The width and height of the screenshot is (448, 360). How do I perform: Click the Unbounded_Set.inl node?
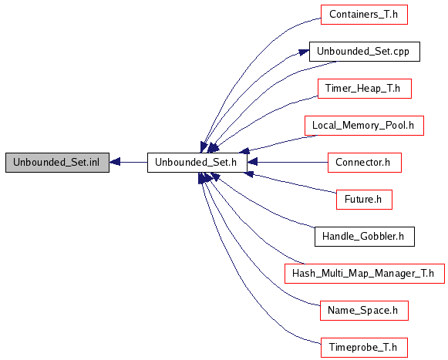[x=57, y=163]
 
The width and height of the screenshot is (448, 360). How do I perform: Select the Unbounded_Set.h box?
[x=197, y=163]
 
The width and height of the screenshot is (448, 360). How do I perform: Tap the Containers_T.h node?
[x=364, y=15]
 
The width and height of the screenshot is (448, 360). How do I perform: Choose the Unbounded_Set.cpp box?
[x=365, y=52]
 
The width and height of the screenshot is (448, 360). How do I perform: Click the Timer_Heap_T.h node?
[x=365, y=89]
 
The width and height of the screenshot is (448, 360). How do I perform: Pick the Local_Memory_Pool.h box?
[x=364, y=126]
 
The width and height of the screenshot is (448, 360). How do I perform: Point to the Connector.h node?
[x=365, y=163]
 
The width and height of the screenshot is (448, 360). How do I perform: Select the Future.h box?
[x=364, y=200]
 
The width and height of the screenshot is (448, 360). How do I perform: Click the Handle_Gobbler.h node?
[x=365, y=237]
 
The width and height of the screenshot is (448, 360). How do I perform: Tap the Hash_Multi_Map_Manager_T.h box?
[x=365, y=274]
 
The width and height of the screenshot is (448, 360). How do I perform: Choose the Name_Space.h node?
[x=364, y=311]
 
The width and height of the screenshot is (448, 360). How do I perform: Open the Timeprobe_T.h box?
[x=364, y=348]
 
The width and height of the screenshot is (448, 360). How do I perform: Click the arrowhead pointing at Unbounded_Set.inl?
[x=115, y=163]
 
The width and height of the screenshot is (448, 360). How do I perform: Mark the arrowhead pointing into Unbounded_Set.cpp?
[x=304, y=52]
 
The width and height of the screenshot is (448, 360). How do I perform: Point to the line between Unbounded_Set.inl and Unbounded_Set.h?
[x=133, y=163]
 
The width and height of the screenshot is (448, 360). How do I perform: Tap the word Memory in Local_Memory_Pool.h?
[x=362, y=126]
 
